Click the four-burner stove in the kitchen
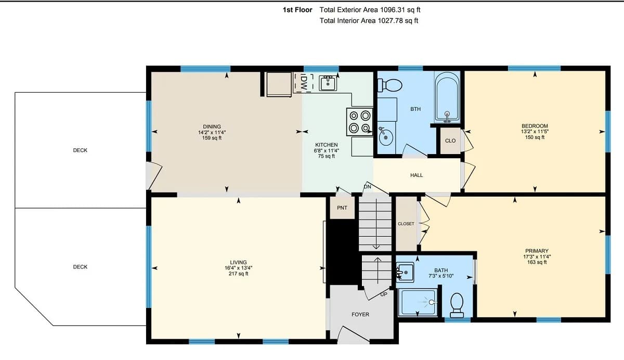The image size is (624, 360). coord(360,122)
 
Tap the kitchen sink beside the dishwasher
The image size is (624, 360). coord(328,83)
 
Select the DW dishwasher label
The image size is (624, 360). coord(304,83)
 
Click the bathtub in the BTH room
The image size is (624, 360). coord(447,97)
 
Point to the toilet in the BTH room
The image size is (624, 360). coord(389,85)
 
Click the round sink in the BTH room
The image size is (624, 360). coord(385,136)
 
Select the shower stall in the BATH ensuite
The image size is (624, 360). coord(418,302)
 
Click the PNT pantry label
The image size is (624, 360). coord(342,208)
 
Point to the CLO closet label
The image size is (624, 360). coord(450,140)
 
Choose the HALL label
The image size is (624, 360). coord(417,175)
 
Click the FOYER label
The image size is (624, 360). coord(360,314)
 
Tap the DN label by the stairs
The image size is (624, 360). coord(368,186)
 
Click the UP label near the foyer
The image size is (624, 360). coord(384,294)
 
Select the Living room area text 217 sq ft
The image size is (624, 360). coord(239,274)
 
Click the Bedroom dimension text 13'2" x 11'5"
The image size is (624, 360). coord(535,132)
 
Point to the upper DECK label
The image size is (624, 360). coord(80,150)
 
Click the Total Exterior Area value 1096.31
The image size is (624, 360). coord(393,10)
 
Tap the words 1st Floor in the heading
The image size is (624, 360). coord(297,10)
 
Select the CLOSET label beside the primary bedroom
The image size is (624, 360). coord(406,224)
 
